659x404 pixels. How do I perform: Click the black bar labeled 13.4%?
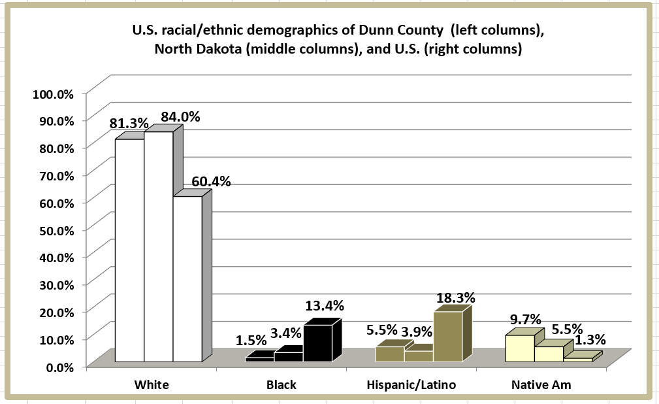pos(317,343)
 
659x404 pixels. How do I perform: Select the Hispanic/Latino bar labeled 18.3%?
pos(447,337)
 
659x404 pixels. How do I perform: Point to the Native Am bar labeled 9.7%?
pos(520,348)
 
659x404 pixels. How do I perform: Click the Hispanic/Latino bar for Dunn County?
pos(390,354)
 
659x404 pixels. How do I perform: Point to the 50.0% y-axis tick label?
pos(56,229)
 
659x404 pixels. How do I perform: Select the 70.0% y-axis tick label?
pos(56,175)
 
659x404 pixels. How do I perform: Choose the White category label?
pos(152,385)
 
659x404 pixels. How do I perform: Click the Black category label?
pos(281,385)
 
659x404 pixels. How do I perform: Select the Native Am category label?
pos(541,385)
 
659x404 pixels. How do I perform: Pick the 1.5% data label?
pos(251,340)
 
